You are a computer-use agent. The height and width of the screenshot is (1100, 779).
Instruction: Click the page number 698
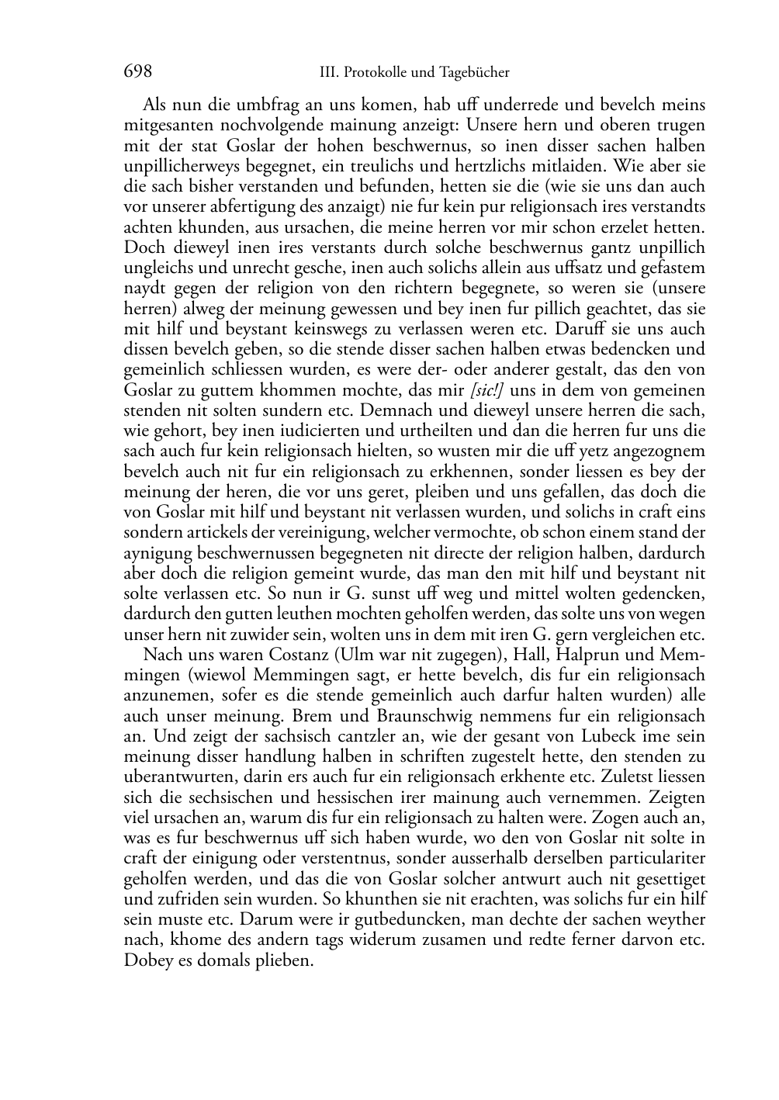tap(137, 72)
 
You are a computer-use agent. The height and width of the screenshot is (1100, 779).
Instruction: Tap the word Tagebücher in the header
tap(474, 73)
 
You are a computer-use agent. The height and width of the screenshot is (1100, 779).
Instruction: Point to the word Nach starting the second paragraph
tap(160, 654)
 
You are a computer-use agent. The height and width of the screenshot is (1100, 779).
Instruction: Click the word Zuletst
tap(621, 777)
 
